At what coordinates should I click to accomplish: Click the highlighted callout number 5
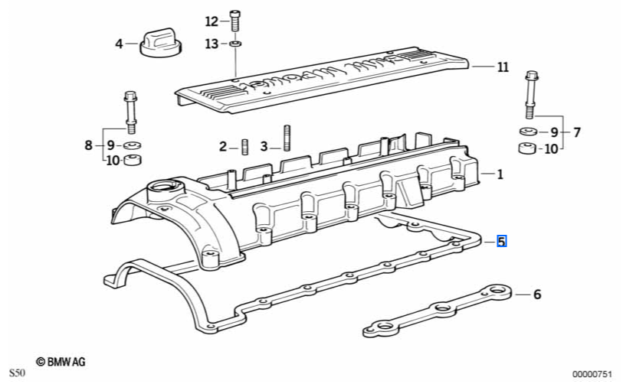(501, 242)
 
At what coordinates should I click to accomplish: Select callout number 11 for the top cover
(502, 67)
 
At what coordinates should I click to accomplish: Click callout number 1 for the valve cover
(500, 174)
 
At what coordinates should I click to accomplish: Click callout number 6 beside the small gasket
(536, 294)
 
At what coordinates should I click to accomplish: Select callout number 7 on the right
(576, 132)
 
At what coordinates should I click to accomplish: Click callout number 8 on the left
(89, 145)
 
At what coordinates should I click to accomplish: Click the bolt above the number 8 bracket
(128, 112)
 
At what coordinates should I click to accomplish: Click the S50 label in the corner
(18, 373)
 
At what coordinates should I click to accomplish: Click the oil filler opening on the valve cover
(163, 187)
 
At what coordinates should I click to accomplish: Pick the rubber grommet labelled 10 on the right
(526, 148)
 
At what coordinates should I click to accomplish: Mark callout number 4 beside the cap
(119, 44)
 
